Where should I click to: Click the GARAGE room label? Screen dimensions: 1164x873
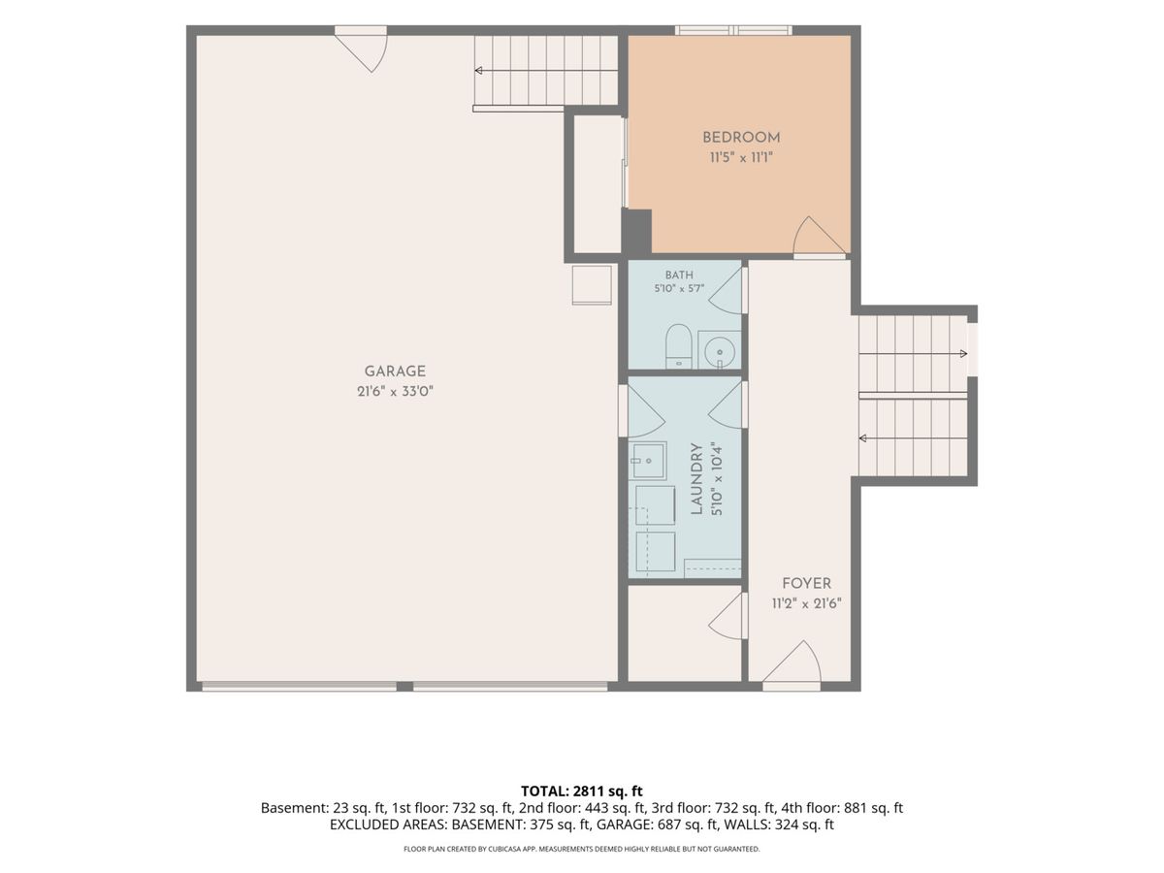(x=395, y=372)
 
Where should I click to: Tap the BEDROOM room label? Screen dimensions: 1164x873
(x=741, y=138)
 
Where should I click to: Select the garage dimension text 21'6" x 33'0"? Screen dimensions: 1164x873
(x=395, y=392)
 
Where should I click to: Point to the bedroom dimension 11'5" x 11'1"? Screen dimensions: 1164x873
(x=741, y=157)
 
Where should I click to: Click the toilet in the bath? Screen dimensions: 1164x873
(x=679, y=346)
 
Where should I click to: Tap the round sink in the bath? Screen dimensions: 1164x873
(x=720, y=350)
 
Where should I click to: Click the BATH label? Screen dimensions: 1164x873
(x=679, y=275)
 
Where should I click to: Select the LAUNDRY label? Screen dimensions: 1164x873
(x=696, y=479)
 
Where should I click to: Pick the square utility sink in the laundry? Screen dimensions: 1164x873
(x=648, y=461)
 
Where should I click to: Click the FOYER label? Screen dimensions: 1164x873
(x=807, y=584)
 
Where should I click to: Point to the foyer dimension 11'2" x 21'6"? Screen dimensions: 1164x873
(x=807, y=603)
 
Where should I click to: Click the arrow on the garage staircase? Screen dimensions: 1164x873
(x=546, y=71)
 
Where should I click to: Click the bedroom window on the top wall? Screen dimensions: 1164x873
(x=733, y=30)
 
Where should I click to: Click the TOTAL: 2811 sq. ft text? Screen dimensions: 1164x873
(x=582, y=791)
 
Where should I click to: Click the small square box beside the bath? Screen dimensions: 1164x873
(x=592, y=285)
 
